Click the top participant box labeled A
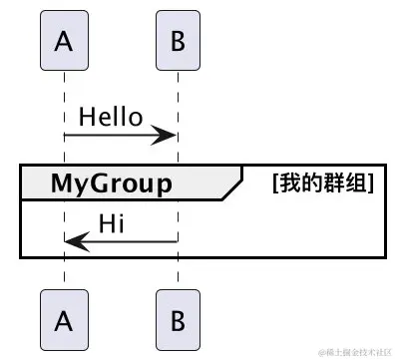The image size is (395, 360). tap(65, 43)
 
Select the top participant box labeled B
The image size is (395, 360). tap(179, 43)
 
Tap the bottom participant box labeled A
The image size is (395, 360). tap(65, 319)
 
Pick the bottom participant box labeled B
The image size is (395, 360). tap(179, 319)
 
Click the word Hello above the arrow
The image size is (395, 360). tap(111, 117)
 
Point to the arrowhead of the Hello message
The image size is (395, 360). tap(170, 136)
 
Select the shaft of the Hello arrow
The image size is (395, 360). tap(110, 136)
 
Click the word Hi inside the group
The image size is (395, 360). tap(111, 220)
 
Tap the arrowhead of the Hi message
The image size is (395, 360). tap(74, 240)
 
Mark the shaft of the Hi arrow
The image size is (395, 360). tap(130, 240)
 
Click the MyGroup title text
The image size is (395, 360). tap(111, 183)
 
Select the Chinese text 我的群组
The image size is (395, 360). tap(322, 183)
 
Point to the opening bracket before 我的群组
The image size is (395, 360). tap(276, 183)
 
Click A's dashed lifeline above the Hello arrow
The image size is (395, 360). tap(65, 90)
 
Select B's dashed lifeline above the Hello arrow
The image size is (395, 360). tap(179, 90)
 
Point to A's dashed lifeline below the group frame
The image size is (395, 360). tap(65, 273)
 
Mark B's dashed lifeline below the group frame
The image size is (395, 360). tap(179, 273)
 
